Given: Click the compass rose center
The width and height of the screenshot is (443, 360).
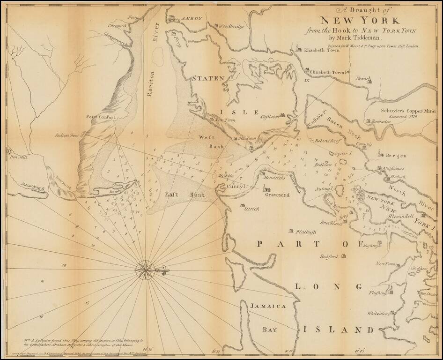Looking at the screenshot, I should (146, 269).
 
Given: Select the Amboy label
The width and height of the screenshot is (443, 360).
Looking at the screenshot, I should (192, 18).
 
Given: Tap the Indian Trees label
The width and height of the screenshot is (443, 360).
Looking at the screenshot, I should (67, 135).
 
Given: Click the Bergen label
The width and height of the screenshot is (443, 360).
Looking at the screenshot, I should (396, 156).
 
